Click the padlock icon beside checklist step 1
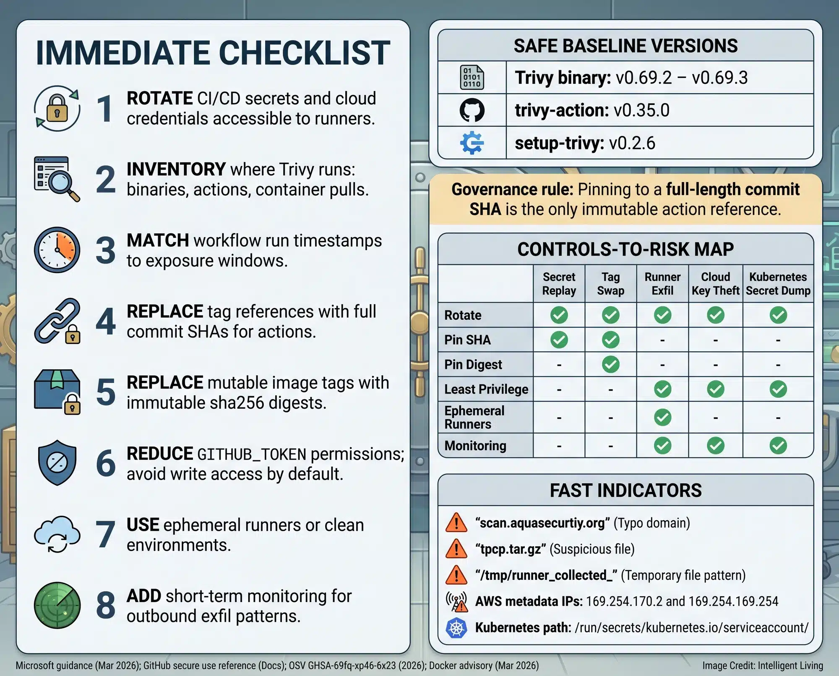pos(57,108)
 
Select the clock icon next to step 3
pos(57,250)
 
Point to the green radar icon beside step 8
pos(57,605)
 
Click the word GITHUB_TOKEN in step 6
pos(252,454)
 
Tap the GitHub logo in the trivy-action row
pos(472,110)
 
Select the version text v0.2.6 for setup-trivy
pos(632,144)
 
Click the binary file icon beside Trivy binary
pos(472,78)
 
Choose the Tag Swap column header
pos(610,284)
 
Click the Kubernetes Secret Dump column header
pos(778,284)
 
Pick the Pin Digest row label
pos(473,365)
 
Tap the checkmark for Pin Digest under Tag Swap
pos(610,364)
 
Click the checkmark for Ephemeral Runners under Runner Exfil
pos(662,418)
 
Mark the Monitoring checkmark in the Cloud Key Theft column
pos(715,446)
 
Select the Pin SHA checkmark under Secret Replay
pos(559,340)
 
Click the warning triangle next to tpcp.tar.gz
pos(456,549)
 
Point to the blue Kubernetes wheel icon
pos(456,628)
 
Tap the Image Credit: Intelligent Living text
pos(762,666)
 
